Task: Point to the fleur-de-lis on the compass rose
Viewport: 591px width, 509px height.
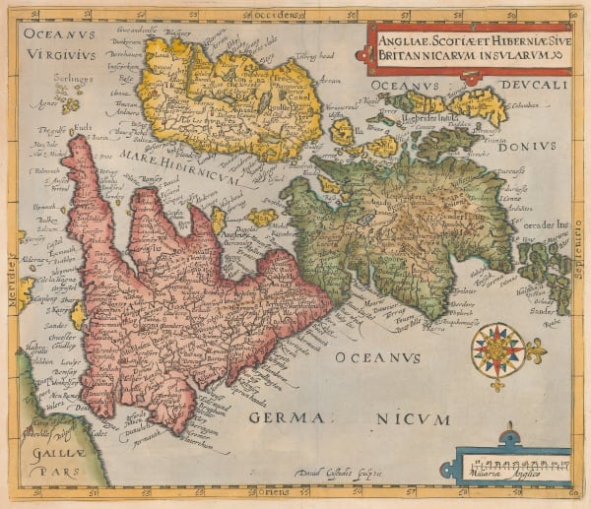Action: pos(537,349)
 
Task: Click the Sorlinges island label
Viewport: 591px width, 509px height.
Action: pos(46,75)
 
